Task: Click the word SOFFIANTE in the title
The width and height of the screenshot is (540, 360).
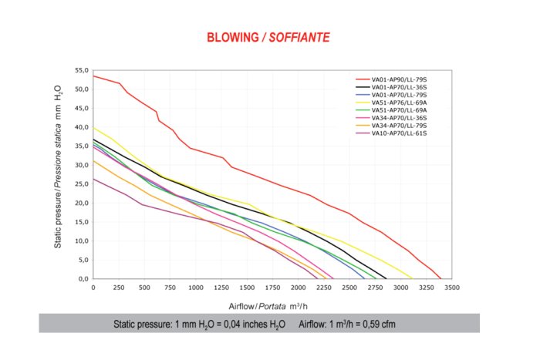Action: (x=299, y=37)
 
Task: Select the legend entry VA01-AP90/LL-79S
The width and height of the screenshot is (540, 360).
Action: (x=399, y=79)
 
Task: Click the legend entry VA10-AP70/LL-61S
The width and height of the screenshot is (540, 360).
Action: (x=399, y=133)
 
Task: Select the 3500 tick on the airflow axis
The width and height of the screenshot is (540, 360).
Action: (x=451, y=288)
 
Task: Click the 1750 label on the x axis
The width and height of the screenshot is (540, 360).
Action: (x=272, y=288)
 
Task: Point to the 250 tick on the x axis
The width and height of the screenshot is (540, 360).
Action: (x=119, y=288)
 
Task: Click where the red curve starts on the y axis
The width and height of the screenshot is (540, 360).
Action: (x=93, y=76)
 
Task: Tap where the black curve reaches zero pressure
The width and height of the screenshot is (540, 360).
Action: (x=386, y=278)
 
